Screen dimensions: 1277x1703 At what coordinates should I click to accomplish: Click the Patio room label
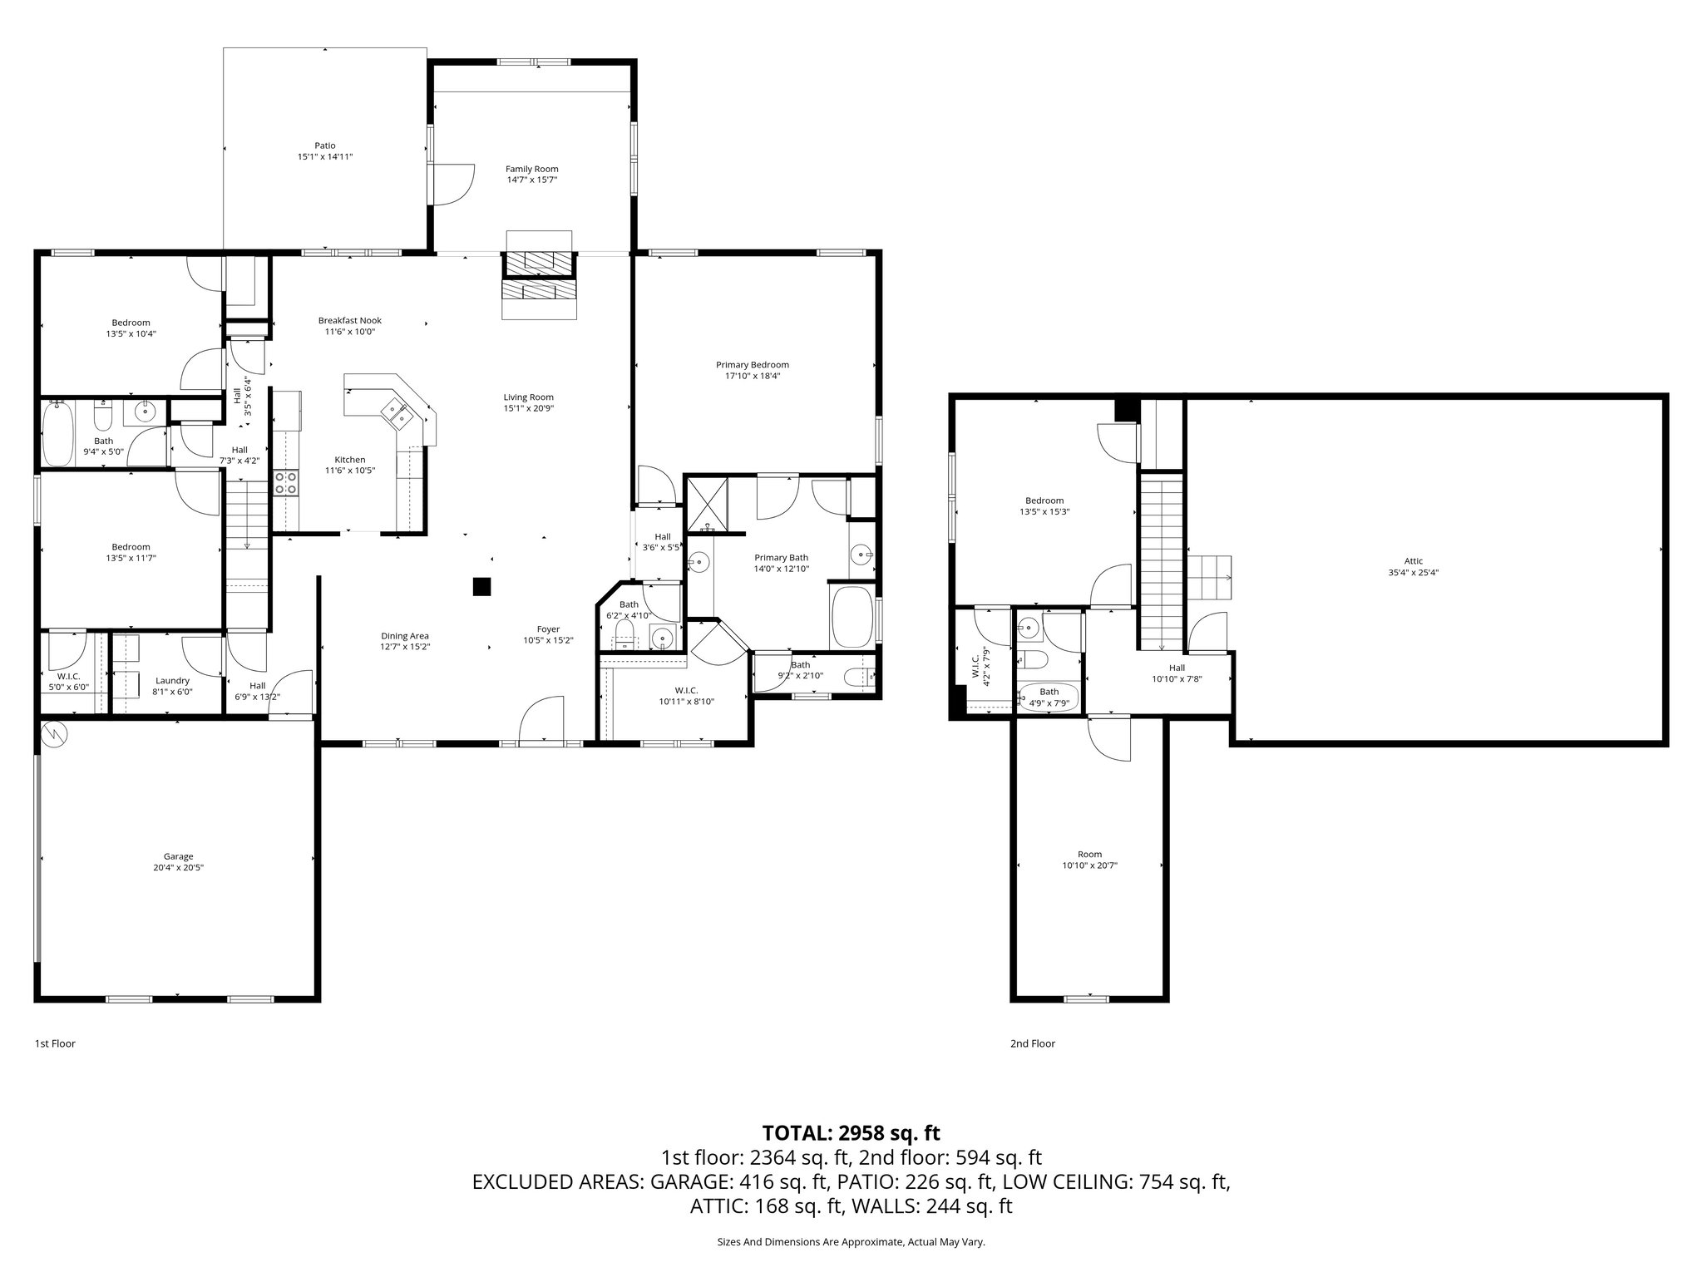324,145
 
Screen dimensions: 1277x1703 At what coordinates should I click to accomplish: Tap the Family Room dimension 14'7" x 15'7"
532,180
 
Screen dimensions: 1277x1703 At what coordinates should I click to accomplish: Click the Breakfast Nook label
349,320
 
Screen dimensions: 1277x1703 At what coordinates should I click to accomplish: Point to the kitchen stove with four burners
285,483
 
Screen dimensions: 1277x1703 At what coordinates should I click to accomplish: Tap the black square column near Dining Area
481,586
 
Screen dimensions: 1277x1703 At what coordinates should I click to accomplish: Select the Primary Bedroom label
752,364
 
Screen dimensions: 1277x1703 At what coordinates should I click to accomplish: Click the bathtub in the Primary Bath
851,619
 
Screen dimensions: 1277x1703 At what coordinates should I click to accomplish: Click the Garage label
178,856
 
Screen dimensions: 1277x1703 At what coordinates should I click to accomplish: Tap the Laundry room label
172,680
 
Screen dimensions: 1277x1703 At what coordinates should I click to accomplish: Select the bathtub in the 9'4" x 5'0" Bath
57,432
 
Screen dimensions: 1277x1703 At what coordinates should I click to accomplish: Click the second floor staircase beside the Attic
1161,565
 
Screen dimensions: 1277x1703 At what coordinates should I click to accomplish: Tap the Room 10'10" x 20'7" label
1089,854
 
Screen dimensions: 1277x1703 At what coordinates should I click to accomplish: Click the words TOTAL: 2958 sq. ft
851,1132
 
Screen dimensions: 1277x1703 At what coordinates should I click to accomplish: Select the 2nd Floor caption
1032,1043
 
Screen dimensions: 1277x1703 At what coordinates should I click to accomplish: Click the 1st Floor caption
55,1043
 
